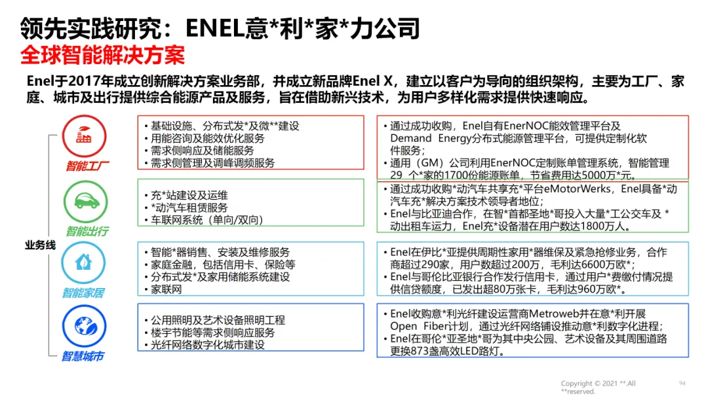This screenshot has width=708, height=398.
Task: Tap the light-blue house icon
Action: [x=83, y=262]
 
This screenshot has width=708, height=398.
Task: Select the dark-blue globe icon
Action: [x=83, y=325]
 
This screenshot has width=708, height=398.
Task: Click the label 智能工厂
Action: [x=87, y=166]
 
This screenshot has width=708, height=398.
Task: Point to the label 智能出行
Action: [x=87, y=231]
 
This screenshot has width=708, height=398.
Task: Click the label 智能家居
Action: [x=83, y=293]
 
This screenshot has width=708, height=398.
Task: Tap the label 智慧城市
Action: [x=83, y=356]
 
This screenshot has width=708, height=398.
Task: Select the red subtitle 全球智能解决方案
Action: [x=103, y=55]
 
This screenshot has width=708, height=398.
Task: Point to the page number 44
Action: [x=681, y=383]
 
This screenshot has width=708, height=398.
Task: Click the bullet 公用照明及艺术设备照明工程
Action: [x=218, y=320]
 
